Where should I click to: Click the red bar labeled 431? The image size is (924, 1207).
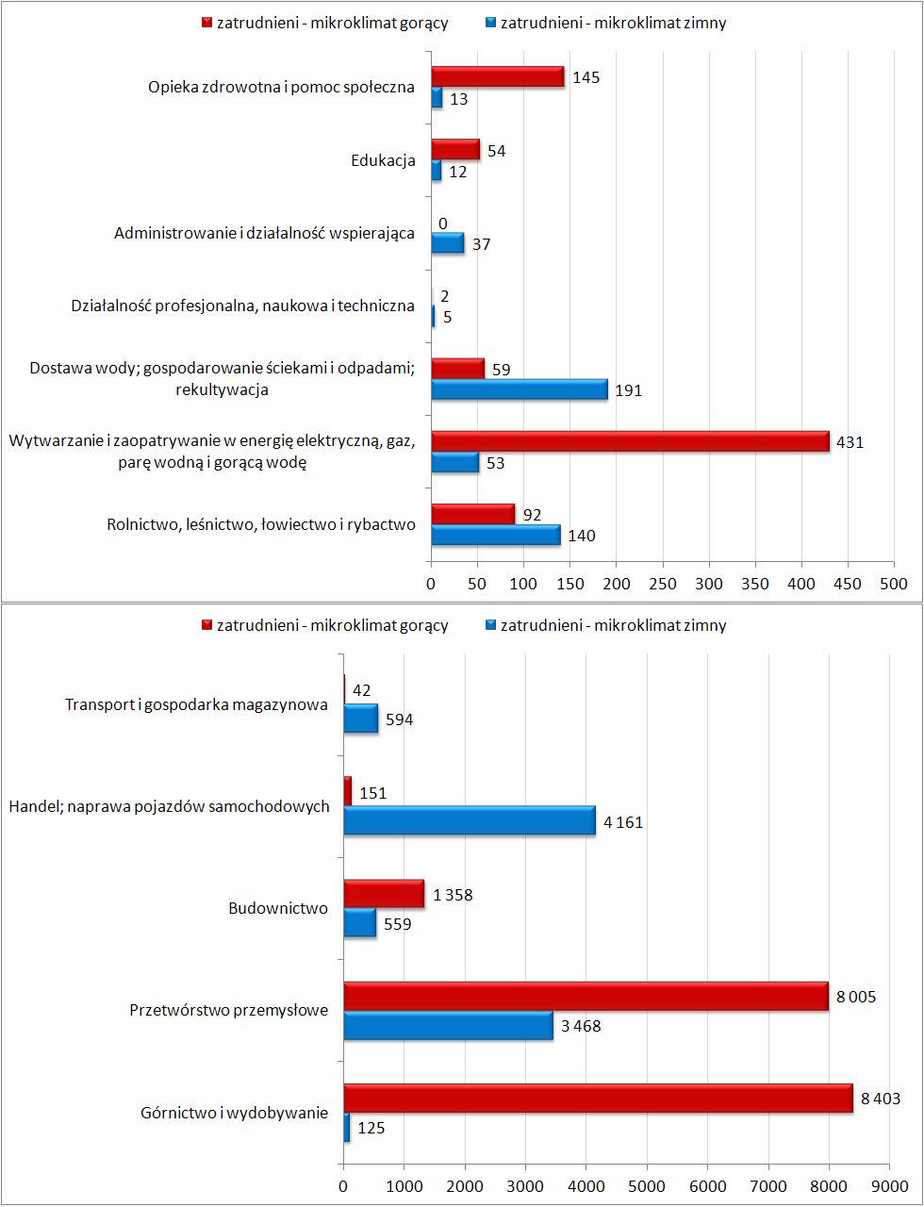(630, 441)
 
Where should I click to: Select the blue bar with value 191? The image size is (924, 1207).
(520, 389)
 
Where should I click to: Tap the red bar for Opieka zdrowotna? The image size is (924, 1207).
(498, 76)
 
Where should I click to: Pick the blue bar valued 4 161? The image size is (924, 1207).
(470, 820)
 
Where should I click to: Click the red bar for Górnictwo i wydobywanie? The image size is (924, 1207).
(598, 1099)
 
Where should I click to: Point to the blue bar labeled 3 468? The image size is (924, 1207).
(449, 1025)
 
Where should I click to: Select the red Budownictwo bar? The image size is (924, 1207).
(385, 894)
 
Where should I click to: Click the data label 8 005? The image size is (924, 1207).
(856, 997)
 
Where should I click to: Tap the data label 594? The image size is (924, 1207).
(399, 719)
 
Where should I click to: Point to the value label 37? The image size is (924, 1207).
(482, 244)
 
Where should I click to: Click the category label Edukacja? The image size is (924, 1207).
(383, 160)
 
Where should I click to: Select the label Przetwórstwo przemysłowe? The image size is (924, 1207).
(229, 1010)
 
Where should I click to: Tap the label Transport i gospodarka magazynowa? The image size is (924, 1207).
(196, 704)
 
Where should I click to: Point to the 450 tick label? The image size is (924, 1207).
(848, 584)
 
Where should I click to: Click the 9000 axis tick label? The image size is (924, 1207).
(889, 1186)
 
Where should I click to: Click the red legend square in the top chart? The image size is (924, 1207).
(206, 23)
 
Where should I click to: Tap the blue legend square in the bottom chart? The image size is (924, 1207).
(490, 625)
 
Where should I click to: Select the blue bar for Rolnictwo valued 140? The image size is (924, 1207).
(496, 535)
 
